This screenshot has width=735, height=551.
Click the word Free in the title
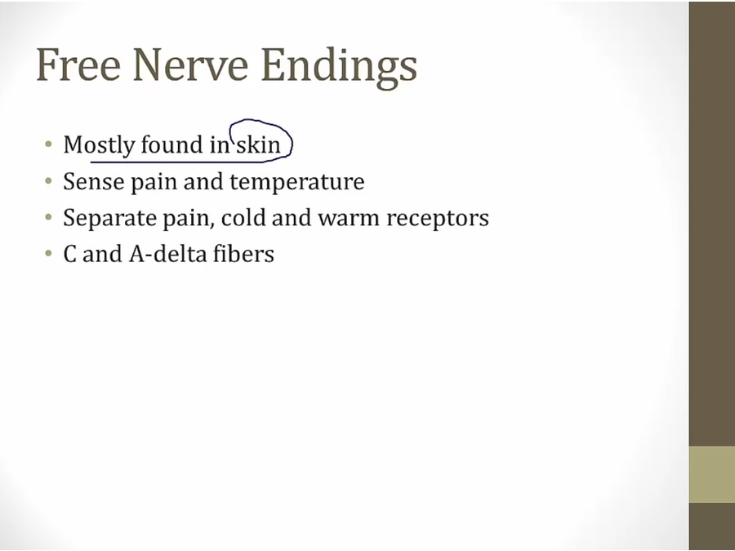[x=78, y=64]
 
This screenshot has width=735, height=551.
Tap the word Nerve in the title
[x=190, y=64]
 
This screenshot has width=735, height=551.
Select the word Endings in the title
[x=339, y=69]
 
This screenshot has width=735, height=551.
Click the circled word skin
[x=258, y=144]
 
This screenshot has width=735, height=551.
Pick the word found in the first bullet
[x=172, y=144]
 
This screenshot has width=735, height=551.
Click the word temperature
[x=297, y=182]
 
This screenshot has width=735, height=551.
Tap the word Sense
[x=94, y=181]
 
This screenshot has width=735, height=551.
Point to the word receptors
[x=438, y=220]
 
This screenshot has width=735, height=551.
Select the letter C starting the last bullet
[x=70, y=255]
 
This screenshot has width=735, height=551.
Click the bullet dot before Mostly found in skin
[x=49, y=144]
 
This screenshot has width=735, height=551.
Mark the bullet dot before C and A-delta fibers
[x=49, y=254]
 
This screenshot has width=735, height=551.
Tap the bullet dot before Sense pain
[x=49, y=180]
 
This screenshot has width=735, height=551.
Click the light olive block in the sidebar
[x=711, y=474]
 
